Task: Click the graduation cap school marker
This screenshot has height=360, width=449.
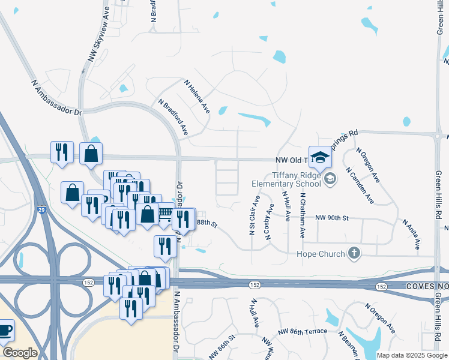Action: click(x=320, y=158)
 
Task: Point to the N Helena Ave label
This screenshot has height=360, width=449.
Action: click(x=197, y=97)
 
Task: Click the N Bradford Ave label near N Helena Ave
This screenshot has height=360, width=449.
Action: click(x=173, y=116)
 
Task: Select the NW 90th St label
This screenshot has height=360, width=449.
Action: click(x=331, y=217)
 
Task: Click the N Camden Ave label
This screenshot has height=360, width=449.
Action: click(x=360, y=185)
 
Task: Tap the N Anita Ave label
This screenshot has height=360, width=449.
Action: click(x=412, y=234)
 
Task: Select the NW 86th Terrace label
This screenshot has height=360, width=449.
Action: click(x=303, y=331)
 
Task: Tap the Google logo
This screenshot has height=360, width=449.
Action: click(x=19, y=353)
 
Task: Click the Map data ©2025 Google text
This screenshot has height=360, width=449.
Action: click(x=412, y=355)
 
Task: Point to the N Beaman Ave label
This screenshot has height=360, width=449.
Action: click(x=348, y=344)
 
